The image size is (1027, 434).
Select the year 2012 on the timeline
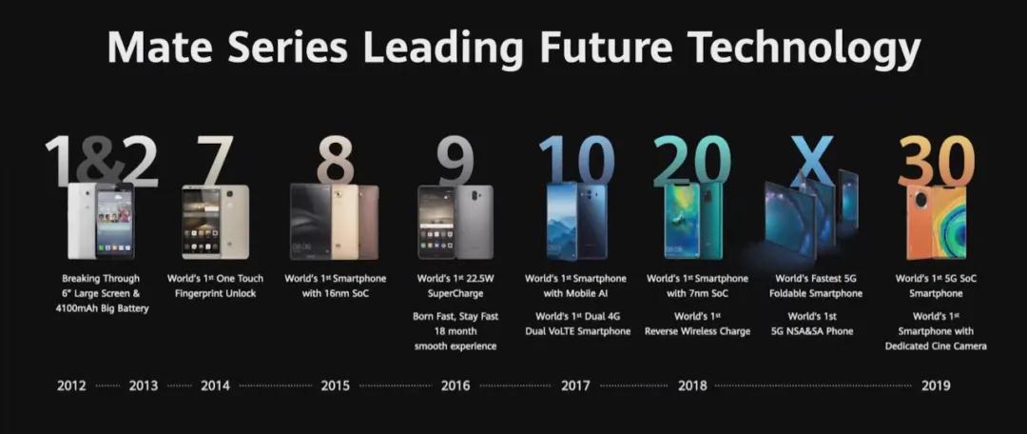coord(71,385)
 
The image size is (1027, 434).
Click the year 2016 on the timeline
coord(455,385)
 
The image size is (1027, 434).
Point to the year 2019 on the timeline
coord(936,385)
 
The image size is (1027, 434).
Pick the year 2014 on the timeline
coord(215,385)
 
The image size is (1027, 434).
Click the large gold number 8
coord(336,160)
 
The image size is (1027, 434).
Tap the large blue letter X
coord(811,160)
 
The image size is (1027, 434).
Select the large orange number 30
coord(936,161)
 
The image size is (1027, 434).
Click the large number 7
coord(215,160)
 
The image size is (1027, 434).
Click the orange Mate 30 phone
coord(936,222)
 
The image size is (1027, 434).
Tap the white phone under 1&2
coord(83,220)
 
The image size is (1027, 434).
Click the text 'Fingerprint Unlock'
coord(215,293)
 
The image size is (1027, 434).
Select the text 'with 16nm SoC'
coord(336,293)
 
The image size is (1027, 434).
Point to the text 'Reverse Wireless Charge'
coord(697,331)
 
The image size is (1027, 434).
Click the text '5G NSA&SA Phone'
coord(811,331)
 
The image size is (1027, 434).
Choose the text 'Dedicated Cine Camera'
coord(936,346)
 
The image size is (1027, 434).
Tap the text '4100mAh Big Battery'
coord(102,308)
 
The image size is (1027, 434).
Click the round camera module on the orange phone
coord(920,202)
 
